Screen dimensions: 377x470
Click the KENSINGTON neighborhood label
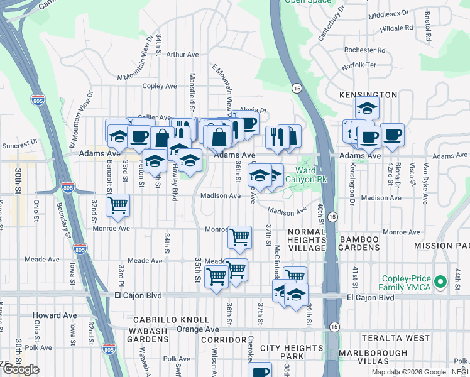pyautogui.click(x=368, y=94)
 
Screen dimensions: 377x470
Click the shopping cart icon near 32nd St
pyautogui.click(x=117, y=205)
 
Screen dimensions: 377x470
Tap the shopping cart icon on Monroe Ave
pyautogui.click(x=239, y=237)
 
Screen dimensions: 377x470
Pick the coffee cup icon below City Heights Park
pyautogui.click(x=260, y=371)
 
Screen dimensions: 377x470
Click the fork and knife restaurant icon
pyautogui.click(x=276, y=136)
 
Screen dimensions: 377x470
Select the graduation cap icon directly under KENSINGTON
pyautogui.click(x=367, y=108)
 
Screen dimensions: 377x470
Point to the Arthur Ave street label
pyautogui.click(x=183, y=55)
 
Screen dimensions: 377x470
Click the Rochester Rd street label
pyautogui.click(x=368, y=50)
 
